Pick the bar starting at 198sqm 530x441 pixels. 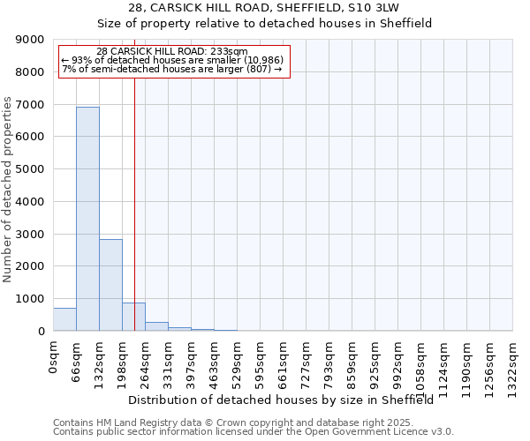pyautogui.click(x=133, y=317)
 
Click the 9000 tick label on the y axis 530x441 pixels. pyautogui.click(x=30, y=40)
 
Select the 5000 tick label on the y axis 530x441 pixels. pyautogui.click(x=30, y=169)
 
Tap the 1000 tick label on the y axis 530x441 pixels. pyautogui.click(x=30, y=299)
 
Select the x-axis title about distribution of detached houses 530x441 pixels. pyautogui.click(x=286, y=400)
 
